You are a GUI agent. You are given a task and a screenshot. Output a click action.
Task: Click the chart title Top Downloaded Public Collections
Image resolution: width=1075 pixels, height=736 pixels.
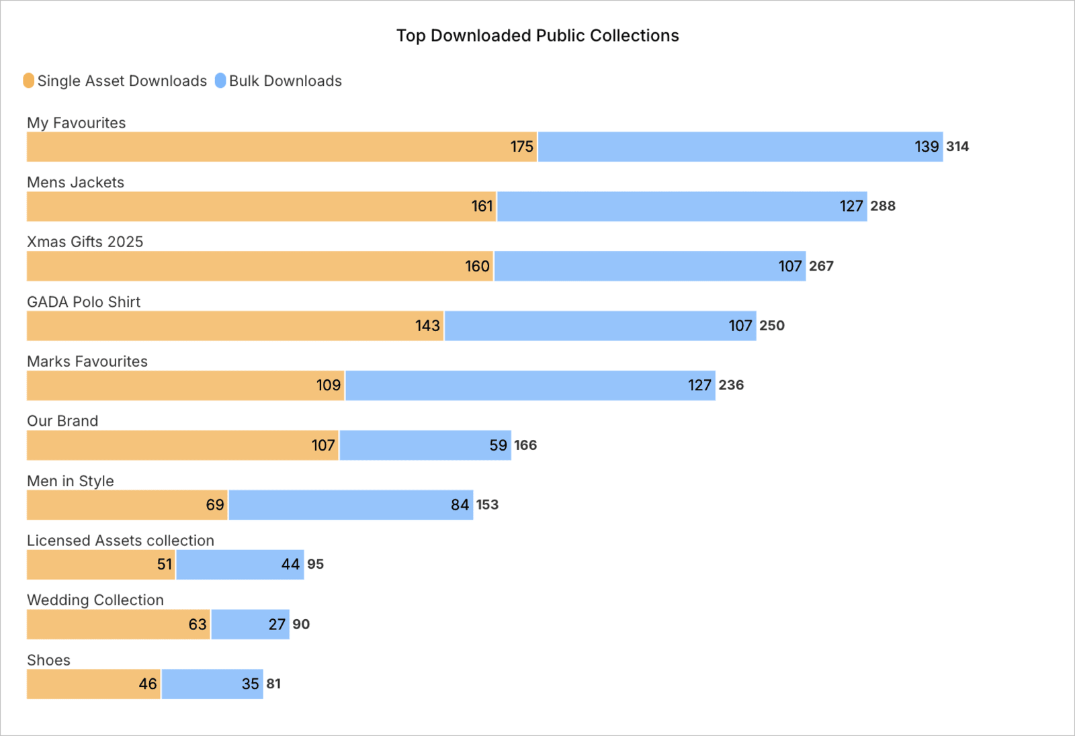[537, 36]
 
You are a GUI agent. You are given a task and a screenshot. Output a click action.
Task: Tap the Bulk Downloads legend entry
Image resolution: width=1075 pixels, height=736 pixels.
[278, 81]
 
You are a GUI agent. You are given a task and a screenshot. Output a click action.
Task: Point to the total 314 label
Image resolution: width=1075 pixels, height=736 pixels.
[957, 146]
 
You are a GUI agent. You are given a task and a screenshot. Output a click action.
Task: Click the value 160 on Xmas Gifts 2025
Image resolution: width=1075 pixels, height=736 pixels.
[477, 267]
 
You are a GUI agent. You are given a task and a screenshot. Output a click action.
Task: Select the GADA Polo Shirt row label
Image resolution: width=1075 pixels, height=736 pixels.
[83, 302]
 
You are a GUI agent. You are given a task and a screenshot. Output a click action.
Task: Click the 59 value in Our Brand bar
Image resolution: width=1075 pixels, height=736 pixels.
[498, 445]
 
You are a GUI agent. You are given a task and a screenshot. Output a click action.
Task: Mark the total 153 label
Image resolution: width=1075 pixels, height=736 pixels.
[487, 505]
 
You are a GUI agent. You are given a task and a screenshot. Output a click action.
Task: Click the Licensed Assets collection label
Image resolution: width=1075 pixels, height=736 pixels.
[120, 541]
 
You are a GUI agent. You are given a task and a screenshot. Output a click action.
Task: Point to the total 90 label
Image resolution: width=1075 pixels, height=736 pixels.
[301, 625]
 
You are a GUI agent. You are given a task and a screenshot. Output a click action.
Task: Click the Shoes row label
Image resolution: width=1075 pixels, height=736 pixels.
[48, 660]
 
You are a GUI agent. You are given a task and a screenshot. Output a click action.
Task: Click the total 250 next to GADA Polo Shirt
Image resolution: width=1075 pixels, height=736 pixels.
[772, 326]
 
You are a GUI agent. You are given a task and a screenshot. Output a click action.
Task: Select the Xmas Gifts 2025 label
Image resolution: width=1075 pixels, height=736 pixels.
[85, 242]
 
